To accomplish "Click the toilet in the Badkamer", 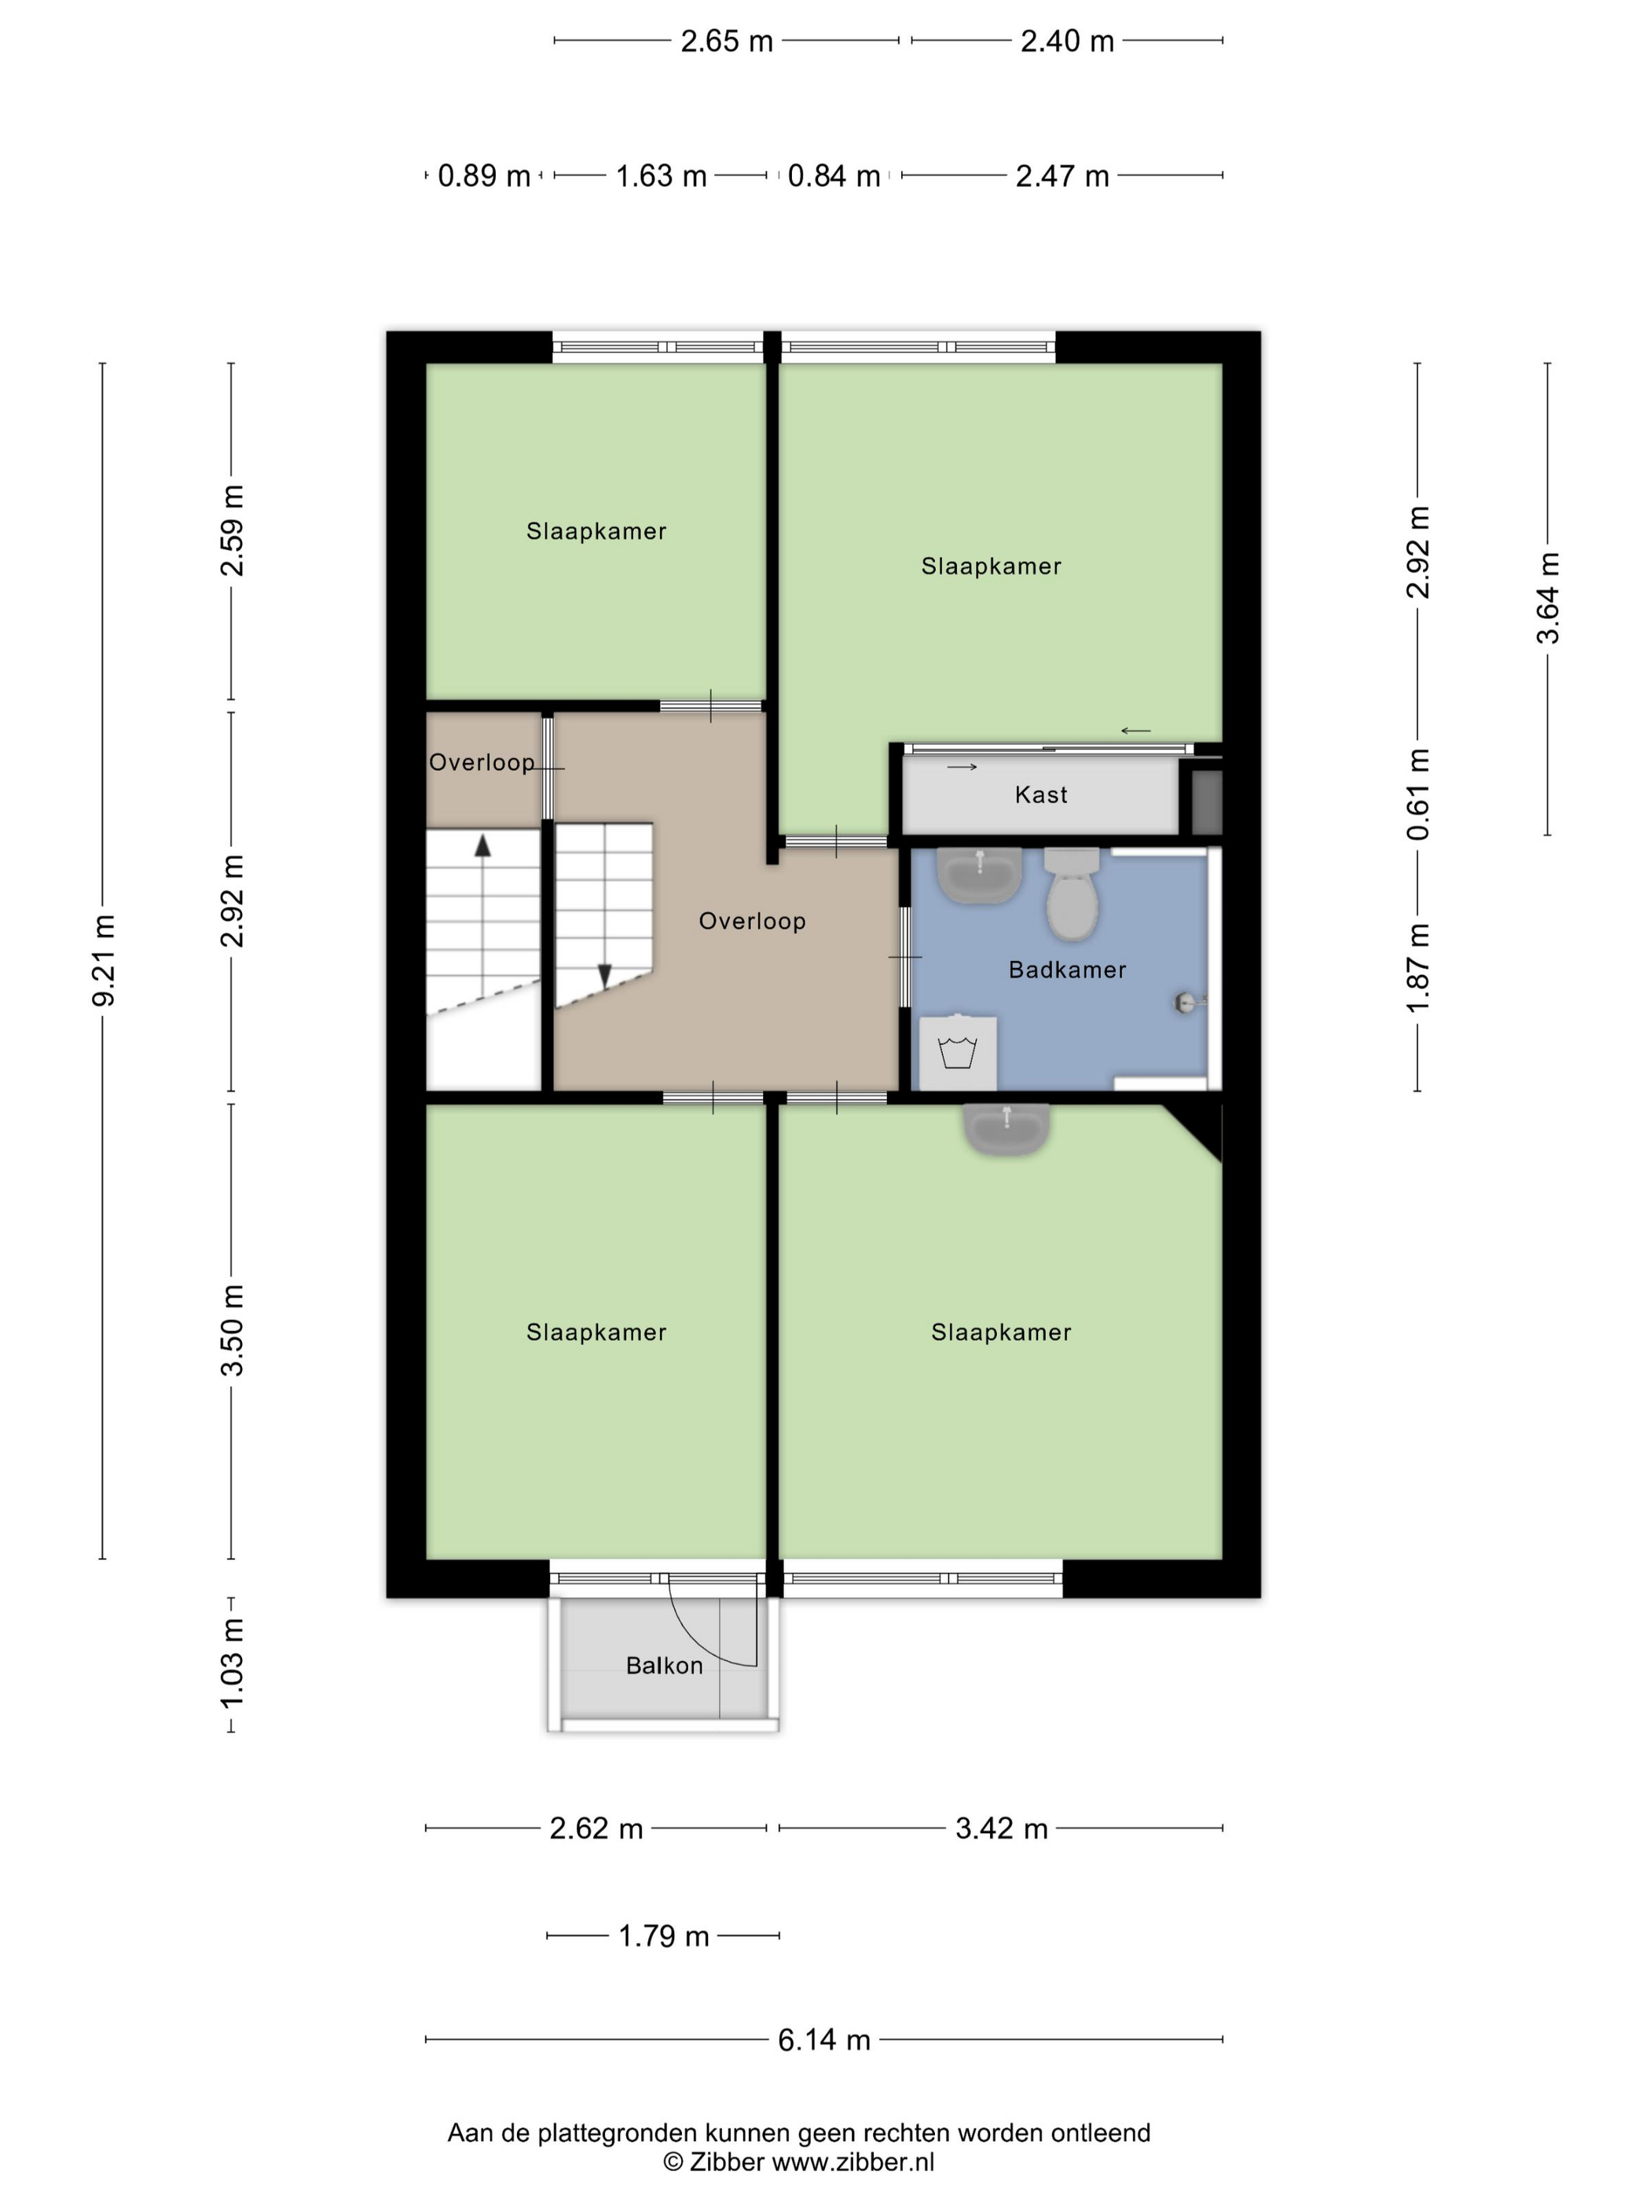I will tap(1071, 897).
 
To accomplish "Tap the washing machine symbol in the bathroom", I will tap(957, 1052).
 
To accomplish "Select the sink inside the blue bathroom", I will tap(980, 875).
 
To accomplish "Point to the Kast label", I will tap(1040, 794).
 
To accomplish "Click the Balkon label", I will tap(663, 1665).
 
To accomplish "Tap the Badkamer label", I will tap(1066, 970).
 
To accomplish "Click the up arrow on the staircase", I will tap(482, 846).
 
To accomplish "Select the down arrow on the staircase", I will tap(603, 976).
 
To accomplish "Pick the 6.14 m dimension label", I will tap(823, 2040).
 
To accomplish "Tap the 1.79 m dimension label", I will tap(662, 1935).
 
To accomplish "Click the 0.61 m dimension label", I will tap(1417, 794).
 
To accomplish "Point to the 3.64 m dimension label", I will tap(1548, 598).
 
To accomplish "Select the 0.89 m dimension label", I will tap(483, 176).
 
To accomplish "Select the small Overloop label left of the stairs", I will tap(482, 762).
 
